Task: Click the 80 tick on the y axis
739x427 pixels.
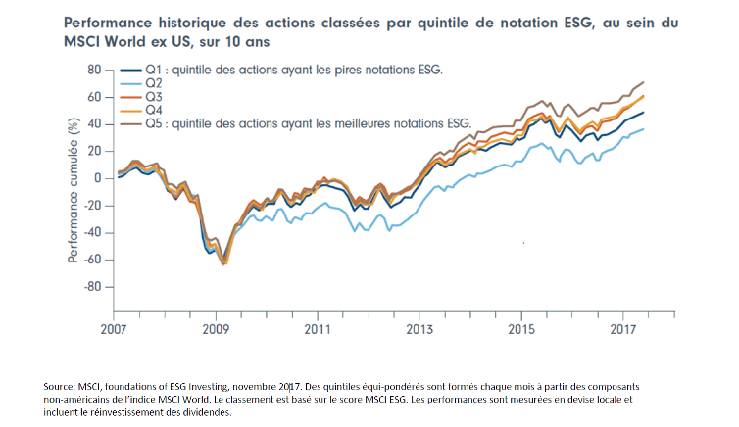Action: [93, 71]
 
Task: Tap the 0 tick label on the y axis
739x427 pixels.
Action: [97, 178]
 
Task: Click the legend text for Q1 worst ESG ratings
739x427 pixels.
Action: [294, 71]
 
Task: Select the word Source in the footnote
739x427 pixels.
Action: [62, 387]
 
